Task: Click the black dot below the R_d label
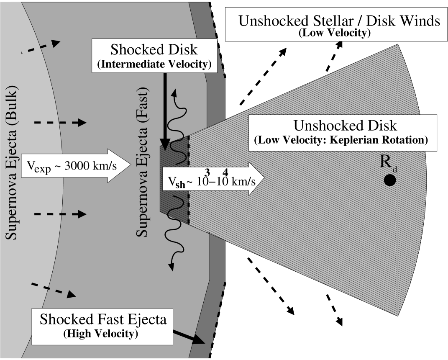click(390, 180)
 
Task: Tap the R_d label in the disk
click(388, 163)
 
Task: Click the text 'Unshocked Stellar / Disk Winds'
click(339, 21)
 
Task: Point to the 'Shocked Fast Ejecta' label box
click(103, 325)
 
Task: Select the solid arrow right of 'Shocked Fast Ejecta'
click(189, 336)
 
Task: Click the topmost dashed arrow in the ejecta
click(41, 46)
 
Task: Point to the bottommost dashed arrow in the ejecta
click(54, 290)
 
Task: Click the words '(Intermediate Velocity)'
click(154, 65)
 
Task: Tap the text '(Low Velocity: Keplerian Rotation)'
click(341, 140)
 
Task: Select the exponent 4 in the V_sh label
click(225, 172)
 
